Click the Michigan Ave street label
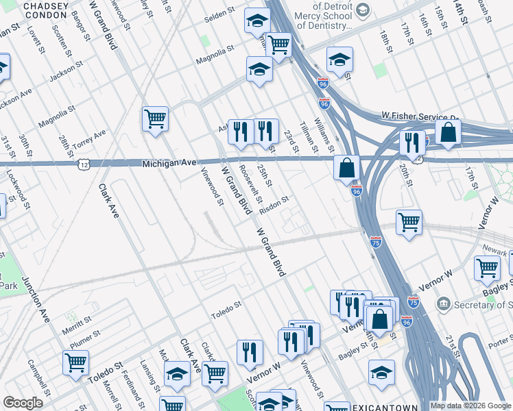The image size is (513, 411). pyautogui.click(x=169, y=164)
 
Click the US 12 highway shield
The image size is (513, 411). pyautogui.click(x=83, y=165)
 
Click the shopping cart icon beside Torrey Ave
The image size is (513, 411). pyautogui.click(x=155, y=117)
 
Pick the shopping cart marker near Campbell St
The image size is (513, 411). pyautogui.click(x=75, y=362)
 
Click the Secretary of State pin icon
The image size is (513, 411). pyautogui.click(x=444, y=303)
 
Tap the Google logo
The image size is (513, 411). pyautogui.click(x=23, y=403)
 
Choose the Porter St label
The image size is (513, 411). pyautogui.click(x=501, y=339)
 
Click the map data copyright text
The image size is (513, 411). pyautogui.click(x=470, y=406)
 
